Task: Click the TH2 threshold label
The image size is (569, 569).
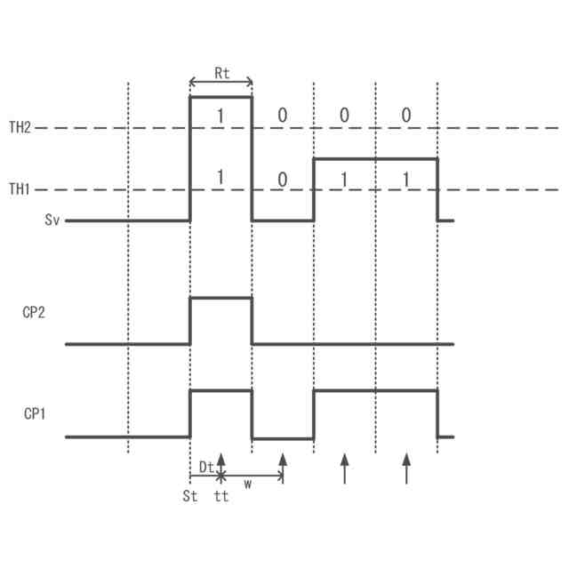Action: [20, 128]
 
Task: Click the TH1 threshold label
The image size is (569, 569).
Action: [20, 189]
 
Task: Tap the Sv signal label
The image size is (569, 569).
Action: [52, 220]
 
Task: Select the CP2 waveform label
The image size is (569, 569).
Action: [34, 314]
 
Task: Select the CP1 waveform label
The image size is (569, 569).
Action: [34, 414]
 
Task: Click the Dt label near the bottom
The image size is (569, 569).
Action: [205, 466]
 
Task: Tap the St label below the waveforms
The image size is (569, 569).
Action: [189, 497]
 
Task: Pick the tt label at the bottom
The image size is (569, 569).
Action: [221, 497]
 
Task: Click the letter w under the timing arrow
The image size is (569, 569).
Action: [248, 485]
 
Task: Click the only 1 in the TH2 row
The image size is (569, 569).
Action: [221, 116]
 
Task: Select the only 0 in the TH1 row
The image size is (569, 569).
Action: [283, 180]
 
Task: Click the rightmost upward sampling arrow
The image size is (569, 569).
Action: [406, 468]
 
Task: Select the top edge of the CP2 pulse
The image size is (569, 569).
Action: [221, 299]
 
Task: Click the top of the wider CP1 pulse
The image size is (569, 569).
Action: [375, 390]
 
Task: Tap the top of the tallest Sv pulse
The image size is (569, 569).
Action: [221, 97]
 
